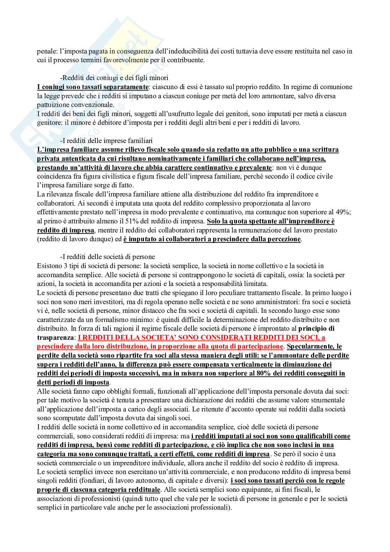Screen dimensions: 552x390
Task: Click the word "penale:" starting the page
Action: click(x=46, y=51)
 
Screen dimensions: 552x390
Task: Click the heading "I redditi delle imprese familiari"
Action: click(x=106, y=141)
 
